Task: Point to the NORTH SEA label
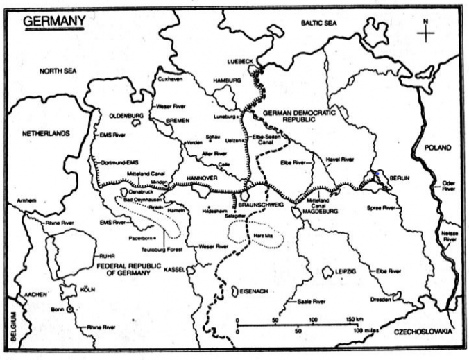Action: tap(62, 71)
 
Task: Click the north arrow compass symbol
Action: tap(427, 32)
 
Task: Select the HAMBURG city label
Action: tap(227, 80)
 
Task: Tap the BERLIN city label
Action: tap(398, 178)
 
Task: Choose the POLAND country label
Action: tap(438, 148)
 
